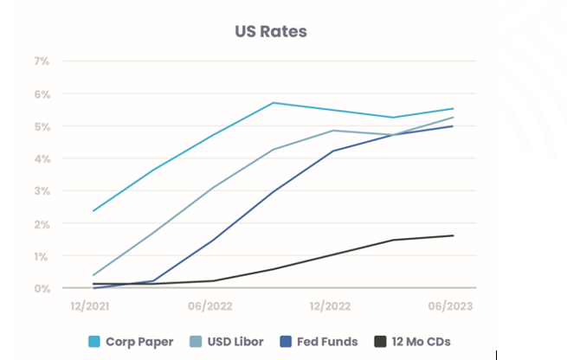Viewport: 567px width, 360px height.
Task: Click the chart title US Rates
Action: pyautogui.click(x=271, y=32)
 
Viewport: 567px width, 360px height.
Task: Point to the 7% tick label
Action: pyautogui.click(x=42, y=61)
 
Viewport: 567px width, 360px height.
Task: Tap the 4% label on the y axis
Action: pyautogui.click(x=42, y=158)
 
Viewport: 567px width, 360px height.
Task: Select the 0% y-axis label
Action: pyautogui.click(x=42, y=288)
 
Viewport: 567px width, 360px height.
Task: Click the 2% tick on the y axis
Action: pyautogui.click(x=42, y=223)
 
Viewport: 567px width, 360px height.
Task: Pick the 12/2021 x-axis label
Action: pyautogui.click(x=93, y=305)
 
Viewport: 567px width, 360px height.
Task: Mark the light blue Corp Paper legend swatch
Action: pyautogui.click(x=94, y=341)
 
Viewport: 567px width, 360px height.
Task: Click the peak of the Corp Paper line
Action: pyautogui.click(x=273, y=103)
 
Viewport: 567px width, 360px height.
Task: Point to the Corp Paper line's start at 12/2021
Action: pyautogui.click(x=93, y=210)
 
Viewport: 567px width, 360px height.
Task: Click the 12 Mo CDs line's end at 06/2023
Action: pyautogui.click(x=452, y=235)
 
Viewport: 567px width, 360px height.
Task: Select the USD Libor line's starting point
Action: pyautogui.click(x=93, y=275)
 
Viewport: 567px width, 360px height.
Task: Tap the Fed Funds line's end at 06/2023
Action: pyautogui.click(x=452, y=126)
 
